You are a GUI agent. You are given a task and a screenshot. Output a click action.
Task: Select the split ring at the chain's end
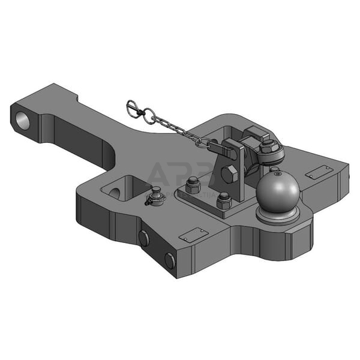pyautogui.click(x=133, y=108)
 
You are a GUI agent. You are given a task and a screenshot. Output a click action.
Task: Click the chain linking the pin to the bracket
pyautogui.click(x=174, y=128)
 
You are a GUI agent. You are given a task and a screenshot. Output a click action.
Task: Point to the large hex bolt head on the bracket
pyautogui.click(x=230, y=175)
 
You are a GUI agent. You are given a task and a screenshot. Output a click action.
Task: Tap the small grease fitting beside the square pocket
pyautogui.click(x=156, y=196)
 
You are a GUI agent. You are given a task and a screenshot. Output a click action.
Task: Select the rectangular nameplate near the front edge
pyautogui.click(x=194, y=235)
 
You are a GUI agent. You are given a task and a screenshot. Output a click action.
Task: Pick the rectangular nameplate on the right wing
pyautogui.click(x=318, y=172)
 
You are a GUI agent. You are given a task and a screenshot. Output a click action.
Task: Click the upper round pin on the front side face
pyautogui.click(x=144, y=238)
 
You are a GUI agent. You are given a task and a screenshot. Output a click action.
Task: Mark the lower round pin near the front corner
pyautogui.click(x=170, y=260)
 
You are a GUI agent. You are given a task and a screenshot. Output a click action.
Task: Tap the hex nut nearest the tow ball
pyautogui.click(x=224, y=199)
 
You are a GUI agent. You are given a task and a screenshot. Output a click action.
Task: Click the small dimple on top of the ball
pyautogui.click(x=277, y=174)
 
